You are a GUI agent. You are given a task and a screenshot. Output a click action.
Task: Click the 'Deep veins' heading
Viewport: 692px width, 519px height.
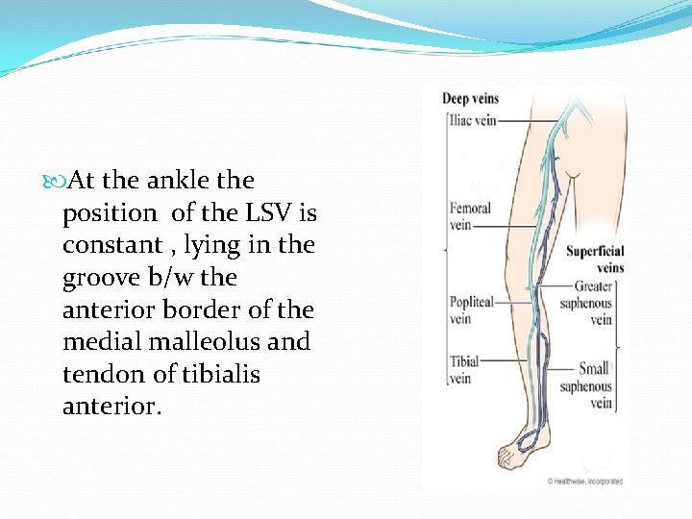point(470,98)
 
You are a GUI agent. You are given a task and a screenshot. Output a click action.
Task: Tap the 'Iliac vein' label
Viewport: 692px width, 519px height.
point(471,121)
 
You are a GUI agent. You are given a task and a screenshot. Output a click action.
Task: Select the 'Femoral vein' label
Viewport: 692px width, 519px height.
point(470,216)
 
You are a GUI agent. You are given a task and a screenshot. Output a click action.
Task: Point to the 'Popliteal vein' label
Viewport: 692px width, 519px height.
point(472,310)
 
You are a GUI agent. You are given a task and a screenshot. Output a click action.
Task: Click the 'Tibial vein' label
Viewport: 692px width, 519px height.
point(463,370)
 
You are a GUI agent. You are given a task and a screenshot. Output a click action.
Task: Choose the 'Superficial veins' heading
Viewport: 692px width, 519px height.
point(595,260)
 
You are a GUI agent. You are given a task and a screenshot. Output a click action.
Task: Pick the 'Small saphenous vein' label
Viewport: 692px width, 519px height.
point(586,385)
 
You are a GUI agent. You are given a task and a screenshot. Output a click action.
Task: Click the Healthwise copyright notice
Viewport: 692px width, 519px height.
point(584,481)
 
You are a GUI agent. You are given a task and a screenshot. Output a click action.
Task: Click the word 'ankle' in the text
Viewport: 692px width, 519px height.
point(179,181)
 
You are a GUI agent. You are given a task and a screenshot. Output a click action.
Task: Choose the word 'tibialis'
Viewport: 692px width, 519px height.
point(219,375)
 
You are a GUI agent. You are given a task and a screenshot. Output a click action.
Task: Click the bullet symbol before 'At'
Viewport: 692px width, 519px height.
point(50,181)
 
